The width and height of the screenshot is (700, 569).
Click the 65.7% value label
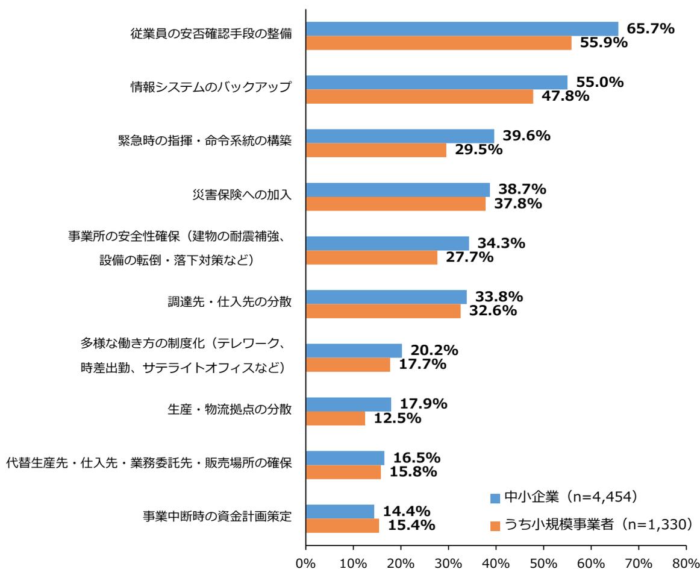point(650,28)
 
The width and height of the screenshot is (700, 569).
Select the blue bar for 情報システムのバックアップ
point(437,83)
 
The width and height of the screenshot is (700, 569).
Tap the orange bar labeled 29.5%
point(376,150)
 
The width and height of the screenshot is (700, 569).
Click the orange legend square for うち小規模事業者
point(496,525)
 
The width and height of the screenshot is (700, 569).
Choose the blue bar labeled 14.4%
point(340,512)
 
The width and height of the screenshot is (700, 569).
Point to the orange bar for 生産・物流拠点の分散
point(336,418)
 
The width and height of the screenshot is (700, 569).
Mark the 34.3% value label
point(501,244)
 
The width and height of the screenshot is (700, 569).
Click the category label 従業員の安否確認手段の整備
point(211,34)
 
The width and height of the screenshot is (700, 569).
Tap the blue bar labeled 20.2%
point(354,351)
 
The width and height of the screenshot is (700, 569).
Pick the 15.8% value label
point(412,472)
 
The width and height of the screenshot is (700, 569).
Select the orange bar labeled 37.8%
point(396,204)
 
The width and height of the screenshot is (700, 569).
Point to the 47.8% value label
point(564,96)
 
